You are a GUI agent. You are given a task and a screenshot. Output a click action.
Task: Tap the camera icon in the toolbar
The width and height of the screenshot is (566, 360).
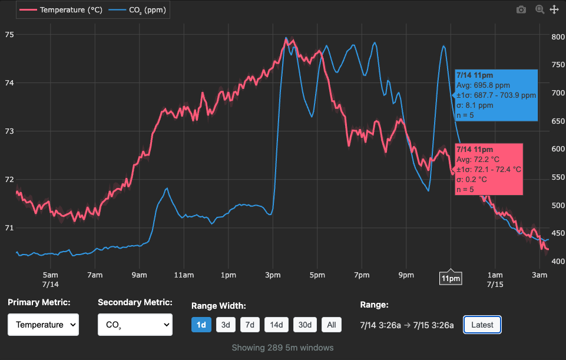(521, 9)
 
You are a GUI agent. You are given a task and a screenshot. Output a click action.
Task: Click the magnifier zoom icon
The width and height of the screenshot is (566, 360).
(539, 9)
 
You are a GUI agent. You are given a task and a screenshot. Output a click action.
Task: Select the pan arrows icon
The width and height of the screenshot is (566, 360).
(554, 9)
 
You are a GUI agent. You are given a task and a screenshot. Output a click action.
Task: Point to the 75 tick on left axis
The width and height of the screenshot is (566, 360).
(9, 34)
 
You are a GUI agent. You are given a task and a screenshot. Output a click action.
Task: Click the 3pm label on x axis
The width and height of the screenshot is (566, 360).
(272, 275)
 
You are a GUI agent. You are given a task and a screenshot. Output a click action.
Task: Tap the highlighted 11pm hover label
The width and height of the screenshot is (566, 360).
(451, 278)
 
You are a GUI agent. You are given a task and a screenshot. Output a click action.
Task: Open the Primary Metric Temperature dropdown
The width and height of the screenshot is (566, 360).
(43, 325)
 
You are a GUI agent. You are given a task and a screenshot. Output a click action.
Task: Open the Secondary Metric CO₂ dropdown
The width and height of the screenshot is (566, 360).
(135, 325)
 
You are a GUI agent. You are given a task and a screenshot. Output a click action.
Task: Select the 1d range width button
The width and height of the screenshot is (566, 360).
(201, 325)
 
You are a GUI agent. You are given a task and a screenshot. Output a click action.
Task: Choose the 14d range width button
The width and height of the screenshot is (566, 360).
(277, 325)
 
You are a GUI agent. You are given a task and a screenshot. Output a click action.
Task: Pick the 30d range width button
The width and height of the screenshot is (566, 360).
(304, 325)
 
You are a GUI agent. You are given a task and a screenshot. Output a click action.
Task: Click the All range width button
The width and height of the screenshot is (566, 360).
(332, 325)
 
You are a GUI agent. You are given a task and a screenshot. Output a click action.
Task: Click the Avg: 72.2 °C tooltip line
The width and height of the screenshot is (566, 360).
(479, 159)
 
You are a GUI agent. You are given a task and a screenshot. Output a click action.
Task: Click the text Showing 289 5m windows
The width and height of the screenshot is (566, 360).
(283, 348)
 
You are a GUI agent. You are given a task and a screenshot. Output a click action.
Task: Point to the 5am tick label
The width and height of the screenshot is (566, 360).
(51, 275)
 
